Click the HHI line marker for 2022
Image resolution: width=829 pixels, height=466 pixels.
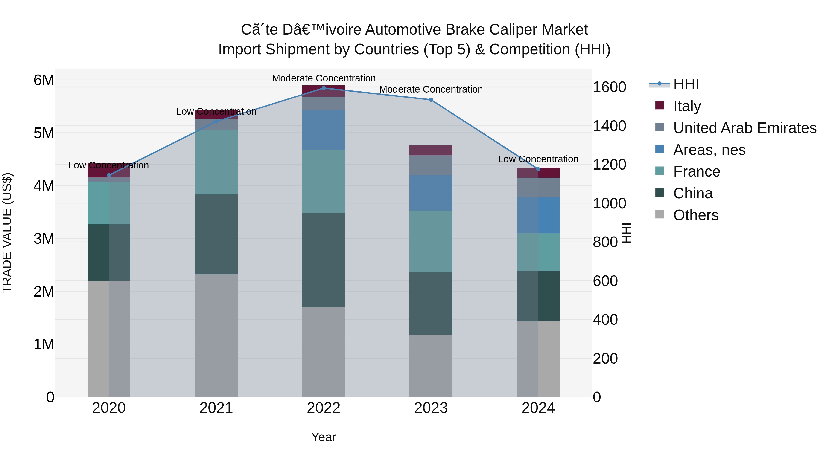pyautogui.click(x=324, y=88)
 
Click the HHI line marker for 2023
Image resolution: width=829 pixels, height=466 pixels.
pyautogui.click(x=431, y=100)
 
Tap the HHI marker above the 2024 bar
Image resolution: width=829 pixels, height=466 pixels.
pyautogui.click(x=538, y=169)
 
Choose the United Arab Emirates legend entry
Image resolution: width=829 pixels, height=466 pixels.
pyautogui.click(x=744, y=128)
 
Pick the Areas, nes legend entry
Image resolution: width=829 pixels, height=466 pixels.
pyautogui.click(x=709, y=150)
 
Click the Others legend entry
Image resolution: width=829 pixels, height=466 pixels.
pyautogui.click(x=695, y=215)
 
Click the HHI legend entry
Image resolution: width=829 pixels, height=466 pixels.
pyautogui.click(x=686, y=84)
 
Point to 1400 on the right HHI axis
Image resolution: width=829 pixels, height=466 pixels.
pyautogui.click(x=609, y=126)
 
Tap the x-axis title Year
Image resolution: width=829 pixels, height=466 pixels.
pyautogui.click(x=324, y=437)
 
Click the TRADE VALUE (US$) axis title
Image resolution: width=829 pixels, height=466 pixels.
pyautogui.click(x=7, y=233)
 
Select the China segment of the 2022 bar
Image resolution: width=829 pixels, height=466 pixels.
pyautogui.click(x=324, y=260)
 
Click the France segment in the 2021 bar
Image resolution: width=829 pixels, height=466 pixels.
pyautogui.click(x=216, y=162)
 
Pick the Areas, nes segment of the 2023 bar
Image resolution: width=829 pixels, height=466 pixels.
pyautogui.click(x=431, y=193)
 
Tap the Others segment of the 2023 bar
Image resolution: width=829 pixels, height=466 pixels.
pyautogui.click(x=431, y=366)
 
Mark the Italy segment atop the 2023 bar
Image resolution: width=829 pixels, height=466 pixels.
pyautogui.click(x=431, y=150)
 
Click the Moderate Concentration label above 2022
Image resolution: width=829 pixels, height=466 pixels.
pyautogui.click(x=324, y=78)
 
